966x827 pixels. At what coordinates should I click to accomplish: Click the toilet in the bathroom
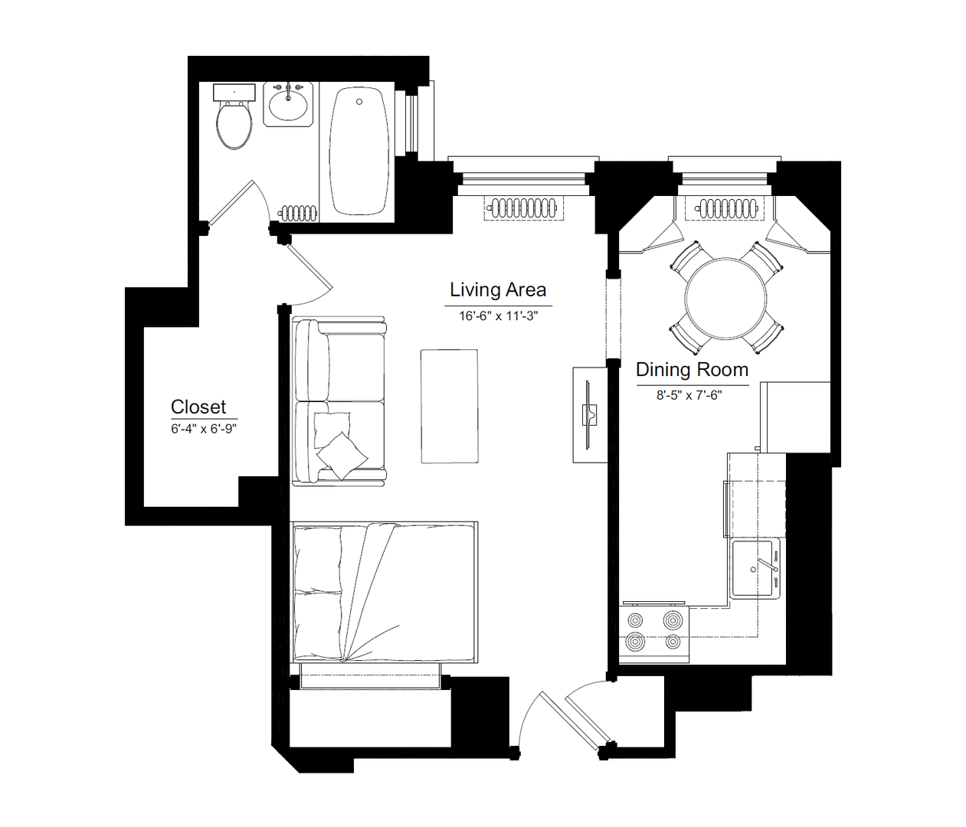(234, 117)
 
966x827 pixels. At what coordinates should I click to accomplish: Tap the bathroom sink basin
(288, 105)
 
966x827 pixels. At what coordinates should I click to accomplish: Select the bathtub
(359, 150)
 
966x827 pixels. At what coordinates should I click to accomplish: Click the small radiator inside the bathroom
(300, 213)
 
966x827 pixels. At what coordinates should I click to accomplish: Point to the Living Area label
(498, 289)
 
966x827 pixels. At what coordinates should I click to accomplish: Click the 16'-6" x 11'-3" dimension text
(498, 316)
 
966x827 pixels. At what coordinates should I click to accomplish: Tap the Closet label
(198, 407)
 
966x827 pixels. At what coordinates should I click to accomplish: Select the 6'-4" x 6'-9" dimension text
(204, 429)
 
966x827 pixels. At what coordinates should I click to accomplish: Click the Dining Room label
(693, 370)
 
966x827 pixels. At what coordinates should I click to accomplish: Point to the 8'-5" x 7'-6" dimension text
(689, 395)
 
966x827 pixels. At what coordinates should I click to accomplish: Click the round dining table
(726, 299)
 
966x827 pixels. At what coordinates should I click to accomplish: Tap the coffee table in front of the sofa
(450, 406)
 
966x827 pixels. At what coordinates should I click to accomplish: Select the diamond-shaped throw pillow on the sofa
(342, 456)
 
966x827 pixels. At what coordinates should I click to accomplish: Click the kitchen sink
(755, 569)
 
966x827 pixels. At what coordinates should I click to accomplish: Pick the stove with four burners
(654, 633)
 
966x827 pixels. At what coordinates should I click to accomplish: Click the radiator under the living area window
(523, 208)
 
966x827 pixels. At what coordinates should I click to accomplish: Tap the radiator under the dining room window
(725, 208)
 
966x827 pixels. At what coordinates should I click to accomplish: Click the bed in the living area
(384, 592)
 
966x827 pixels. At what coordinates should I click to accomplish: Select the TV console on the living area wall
(590, 415)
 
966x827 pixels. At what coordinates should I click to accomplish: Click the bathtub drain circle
(359, 101)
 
